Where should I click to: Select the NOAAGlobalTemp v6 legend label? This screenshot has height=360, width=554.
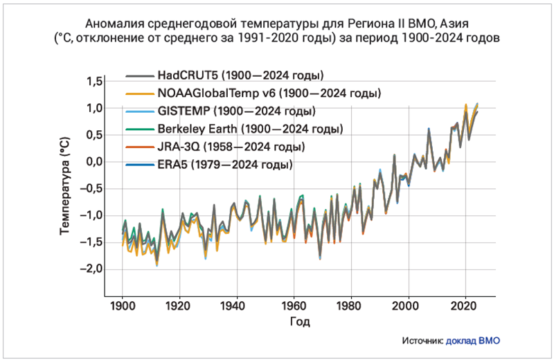pyautogui.click(x=269, y=93)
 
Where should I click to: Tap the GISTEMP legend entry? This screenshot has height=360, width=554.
pyautogui.click(x=236, y=111)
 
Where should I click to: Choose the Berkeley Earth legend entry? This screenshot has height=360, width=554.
pyautogui.click(x=250, y=129)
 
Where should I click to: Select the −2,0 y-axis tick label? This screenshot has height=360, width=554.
pyautogui.click(x=92, y=269)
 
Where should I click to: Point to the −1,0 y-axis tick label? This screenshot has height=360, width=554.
pyautogui.click(x=92, y=215)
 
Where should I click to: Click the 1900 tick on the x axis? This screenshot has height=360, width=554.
pyautogui.click(x=123, y=305)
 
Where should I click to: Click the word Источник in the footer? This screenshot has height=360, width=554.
pyautogui.click(x=421, y=340)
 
